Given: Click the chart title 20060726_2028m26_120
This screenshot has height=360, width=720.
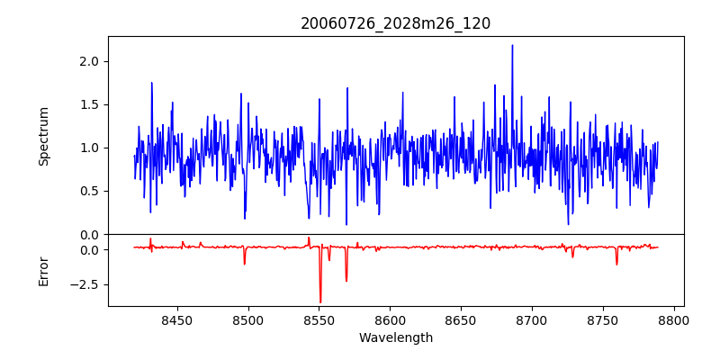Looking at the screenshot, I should point(395,23).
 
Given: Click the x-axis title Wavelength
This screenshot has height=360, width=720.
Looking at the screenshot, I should point(395,338).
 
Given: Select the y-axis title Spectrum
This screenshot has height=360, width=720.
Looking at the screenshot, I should point(43,136).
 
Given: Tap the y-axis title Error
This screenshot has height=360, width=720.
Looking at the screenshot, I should point(43,271).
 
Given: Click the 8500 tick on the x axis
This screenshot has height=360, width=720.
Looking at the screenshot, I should point(248,319).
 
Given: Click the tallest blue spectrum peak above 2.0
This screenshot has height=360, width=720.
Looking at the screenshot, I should point(512,46).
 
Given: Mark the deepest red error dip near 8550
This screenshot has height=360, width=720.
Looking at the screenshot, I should point(320,301).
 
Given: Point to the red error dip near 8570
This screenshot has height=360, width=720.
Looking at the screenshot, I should point(346,280).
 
